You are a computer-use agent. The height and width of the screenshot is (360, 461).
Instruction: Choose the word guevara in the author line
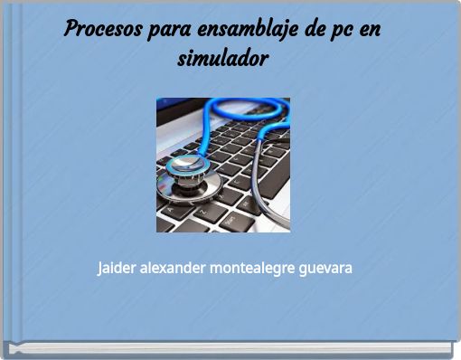pos(325,270)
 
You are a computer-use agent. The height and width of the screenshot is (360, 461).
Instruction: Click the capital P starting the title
pos(71,28)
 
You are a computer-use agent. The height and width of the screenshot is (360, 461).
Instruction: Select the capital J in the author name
pos(101,270)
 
